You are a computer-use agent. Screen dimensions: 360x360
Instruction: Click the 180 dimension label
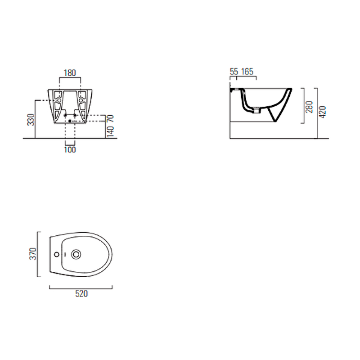coord(70,73)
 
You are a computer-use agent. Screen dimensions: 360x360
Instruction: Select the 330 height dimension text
coord(31,120)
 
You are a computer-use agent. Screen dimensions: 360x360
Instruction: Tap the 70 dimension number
coord(110,118)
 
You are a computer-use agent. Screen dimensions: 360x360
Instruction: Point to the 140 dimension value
coord(110,131)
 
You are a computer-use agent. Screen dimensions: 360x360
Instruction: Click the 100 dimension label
coord(70,150)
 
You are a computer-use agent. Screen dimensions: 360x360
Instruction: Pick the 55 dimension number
coord(234,72)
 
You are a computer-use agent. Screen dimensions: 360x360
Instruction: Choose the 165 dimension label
coord(247,72)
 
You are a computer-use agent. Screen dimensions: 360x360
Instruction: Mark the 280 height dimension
coord(309,107)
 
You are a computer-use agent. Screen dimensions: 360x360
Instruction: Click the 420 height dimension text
coord(323,112)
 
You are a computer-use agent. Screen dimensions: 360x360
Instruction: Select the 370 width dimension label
coord(33,254)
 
